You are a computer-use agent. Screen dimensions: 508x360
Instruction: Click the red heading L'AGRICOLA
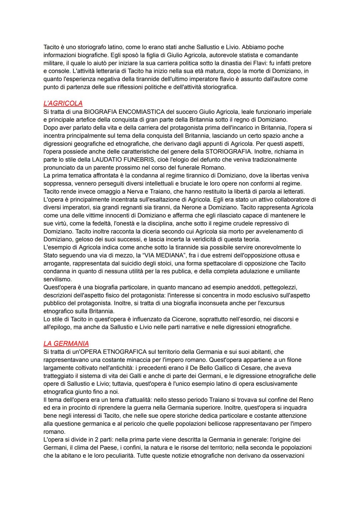pos(63,103)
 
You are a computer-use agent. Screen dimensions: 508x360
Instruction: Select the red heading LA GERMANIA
pos(66,343)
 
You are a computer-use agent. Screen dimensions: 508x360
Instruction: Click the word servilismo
pos(57,279)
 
